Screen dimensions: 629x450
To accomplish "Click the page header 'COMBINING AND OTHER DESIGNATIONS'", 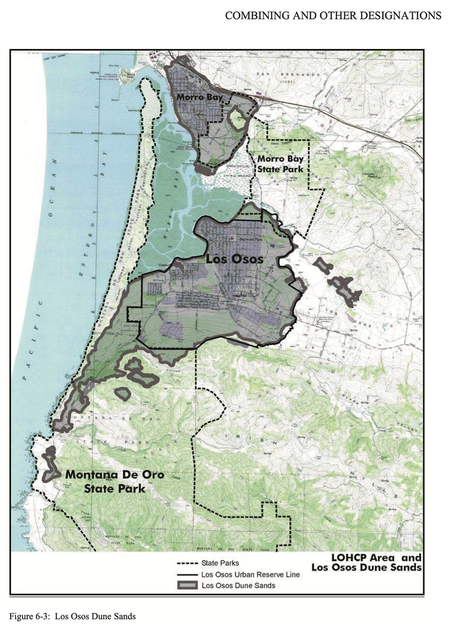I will [x=333, y=16].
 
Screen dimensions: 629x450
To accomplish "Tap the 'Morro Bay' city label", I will [x=200, y=97].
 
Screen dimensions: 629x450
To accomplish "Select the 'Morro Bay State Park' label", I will [x=280, y=164].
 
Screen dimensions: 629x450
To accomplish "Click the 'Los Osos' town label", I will [x=234, y=259].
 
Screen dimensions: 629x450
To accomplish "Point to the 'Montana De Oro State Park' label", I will [x=115, y=481].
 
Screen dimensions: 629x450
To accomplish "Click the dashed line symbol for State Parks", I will [x=187, y=563].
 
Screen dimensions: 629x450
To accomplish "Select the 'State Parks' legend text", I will [x=220, y=563].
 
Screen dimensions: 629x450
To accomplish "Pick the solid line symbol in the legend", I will [x=187, y=574].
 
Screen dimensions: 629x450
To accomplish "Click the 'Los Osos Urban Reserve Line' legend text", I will [x=250, y=574].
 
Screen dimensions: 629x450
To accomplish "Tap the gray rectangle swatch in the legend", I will [x=187, y=585].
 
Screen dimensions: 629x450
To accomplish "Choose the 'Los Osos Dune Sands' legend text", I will [x=238, y=585].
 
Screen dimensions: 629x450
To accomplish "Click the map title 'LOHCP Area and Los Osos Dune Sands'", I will [x=366, y=563].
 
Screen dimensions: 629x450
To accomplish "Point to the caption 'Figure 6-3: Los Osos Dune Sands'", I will [x=73, y=616].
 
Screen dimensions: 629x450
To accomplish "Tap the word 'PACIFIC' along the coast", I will [x=32, y=339].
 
